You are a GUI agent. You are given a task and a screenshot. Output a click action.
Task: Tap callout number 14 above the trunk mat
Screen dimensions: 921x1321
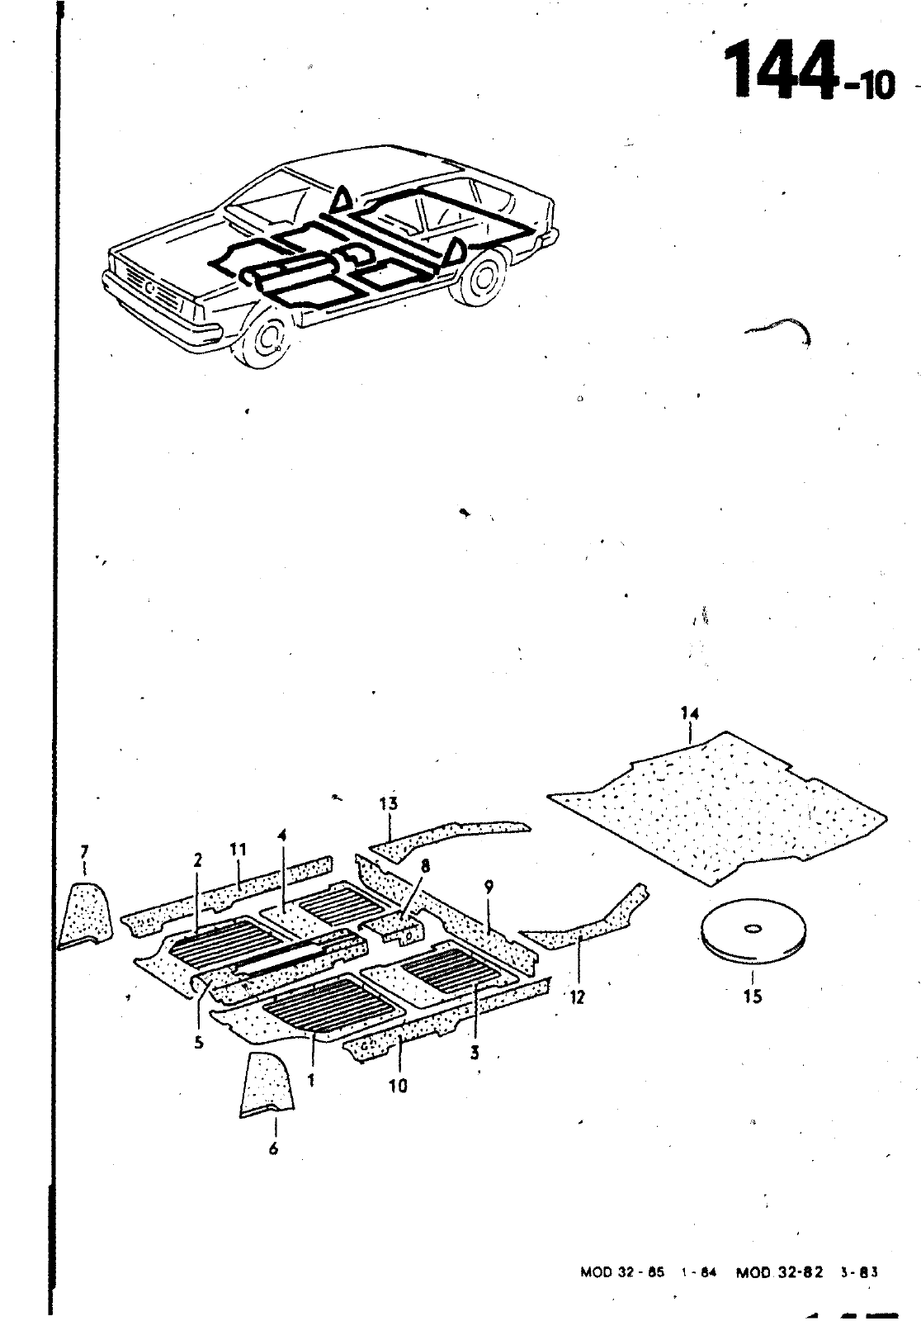[x=689, y=713]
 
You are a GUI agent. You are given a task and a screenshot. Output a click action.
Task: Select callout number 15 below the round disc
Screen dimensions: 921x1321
[x=753, y=997]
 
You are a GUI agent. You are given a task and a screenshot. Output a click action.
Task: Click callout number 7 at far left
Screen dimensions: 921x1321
[x=84, y=851]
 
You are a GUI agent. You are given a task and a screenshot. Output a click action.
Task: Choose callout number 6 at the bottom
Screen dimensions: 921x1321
[x=273, y=1148]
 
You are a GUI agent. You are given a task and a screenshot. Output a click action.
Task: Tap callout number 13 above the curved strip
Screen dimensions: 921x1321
[x=389, y=803]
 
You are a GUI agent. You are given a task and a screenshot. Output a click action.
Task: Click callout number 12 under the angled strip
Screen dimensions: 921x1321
[x=577, y=997]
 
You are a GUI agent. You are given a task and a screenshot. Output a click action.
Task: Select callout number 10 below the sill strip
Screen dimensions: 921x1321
[x=399, y=1086]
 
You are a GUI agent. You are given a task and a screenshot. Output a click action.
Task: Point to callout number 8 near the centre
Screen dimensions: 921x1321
[x=425, y=866]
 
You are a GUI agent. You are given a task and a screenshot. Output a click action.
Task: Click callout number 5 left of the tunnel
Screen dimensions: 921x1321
[x=199, y=1043]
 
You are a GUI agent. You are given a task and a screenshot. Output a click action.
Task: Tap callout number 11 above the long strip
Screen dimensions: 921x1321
[x=238, y=850]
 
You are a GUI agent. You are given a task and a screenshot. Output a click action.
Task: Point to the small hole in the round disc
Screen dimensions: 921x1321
[x=753, y=929]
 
